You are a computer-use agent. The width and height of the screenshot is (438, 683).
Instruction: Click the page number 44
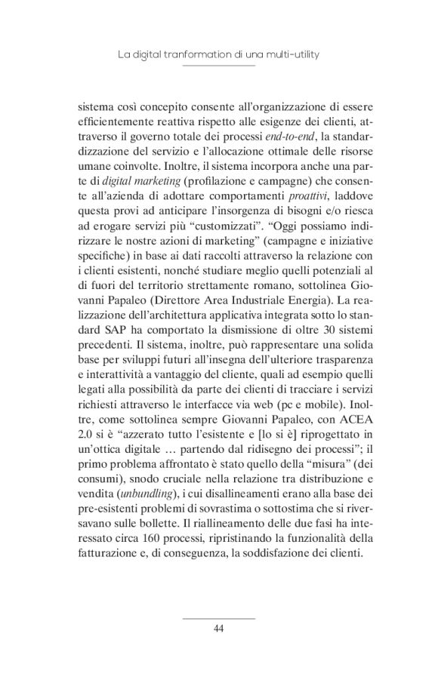219,629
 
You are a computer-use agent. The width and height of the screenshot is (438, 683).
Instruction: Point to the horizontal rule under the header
219,66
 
